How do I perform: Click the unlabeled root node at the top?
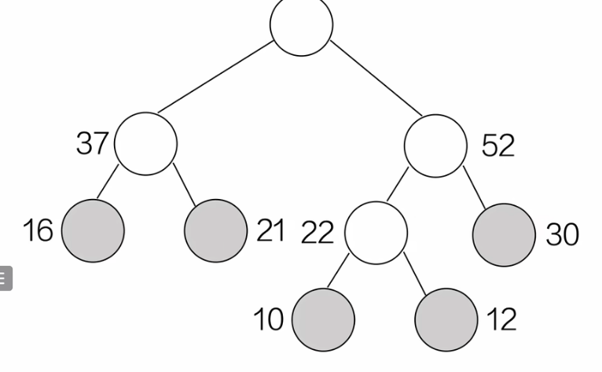301,25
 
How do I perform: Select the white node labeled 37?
145,143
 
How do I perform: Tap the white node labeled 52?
435,145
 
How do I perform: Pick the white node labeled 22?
376,233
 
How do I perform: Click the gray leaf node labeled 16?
93,230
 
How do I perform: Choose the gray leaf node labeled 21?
216,230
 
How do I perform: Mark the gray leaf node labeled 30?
505,234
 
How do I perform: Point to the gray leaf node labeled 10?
323,319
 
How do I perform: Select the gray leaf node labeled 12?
446,319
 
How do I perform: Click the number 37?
93,143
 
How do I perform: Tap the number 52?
497,145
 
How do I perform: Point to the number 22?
318,233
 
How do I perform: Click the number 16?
38,230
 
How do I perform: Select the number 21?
270,230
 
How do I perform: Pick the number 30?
562,234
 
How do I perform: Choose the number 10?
269,319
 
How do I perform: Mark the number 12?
501,319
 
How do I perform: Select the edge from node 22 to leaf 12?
414,272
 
